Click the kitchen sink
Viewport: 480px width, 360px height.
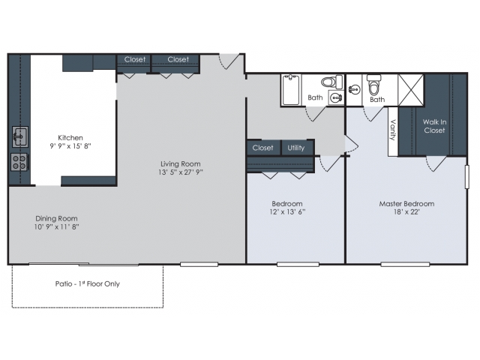click(x=20, y=136)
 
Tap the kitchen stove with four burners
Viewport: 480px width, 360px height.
click(x=19, y=162)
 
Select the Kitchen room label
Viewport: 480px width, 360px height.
click(x=70, y=138)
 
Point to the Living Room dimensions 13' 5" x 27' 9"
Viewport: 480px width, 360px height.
click(x=180, y=172)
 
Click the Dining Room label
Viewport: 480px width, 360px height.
click(x=56, y=218)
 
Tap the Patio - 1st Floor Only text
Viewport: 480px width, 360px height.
click(x=88, y=283)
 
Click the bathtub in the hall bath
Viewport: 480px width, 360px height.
click(x=291, y=90)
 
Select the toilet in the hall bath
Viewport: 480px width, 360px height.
click(x=331, y=82)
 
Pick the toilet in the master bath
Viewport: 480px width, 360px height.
click(x=373, y=85)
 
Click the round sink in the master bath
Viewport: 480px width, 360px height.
click(x=354, y=90)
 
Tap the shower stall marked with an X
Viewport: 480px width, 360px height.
click(x=411, y=90)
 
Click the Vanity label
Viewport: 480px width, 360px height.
click(x=393, y=130)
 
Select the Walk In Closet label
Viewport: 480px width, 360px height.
click(x=434, y=126)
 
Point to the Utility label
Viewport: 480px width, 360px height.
click(x=296, y=148)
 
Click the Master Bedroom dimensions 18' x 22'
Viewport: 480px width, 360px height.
click(x=406, y=211)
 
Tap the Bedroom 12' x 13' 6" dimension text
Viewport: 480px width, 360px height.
click(x=287, y=211)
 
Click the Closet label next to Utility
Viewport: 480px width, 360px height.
click(x=262, y=148)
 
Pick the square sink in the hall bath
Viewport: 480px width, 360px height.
click(x=336, y=97)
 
